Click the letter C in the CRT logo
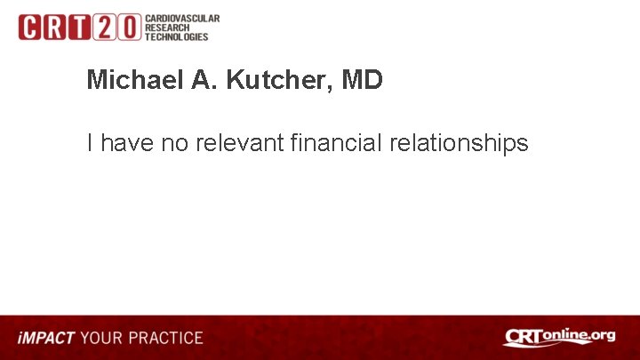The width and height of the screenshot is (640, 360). click(x=29, y=28)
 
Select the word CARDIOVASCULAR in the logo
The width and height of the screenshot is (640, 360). click(x=182, y=19)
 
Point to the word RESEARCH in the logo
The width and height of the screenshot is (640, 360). click(x=169, y=28)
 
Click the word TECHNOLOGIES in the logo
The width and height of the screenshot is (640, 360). click(x=177, y=36)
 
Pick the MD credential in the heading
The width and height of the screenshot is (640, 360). click(x=362, y=80)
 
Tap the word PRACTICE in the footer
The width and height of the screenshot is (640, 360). click(x=164, y=339)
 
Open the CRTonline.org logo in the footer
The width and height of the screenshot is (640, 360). click(x=559, y=337)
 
